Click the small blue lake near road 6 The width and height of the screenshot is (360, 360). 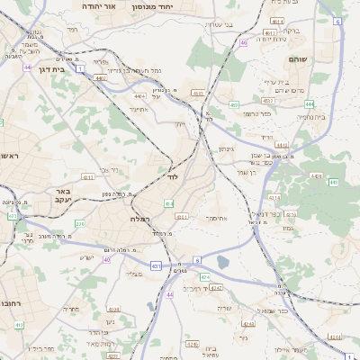pyautogui.click(x=223, y=263)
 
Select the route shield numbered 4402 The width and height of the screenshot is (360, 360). pyautogui.click(x=100, y=78)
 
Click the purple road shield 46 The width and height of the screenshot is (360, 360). pyautogui.click(x=243, y=42)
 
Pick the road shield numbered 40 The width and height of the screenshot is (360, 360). pyautogui.click(x=107, y=260)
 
